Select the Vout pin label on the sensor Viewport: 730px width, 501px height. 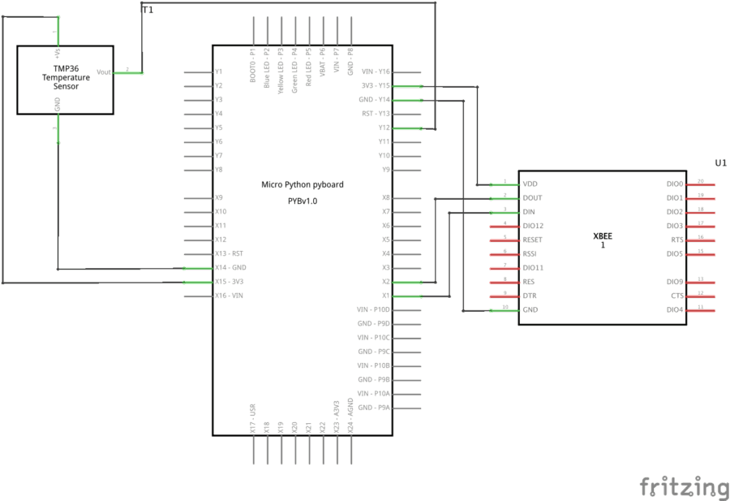[103, 72]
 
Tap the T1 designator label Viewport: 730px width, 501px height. [147, 10]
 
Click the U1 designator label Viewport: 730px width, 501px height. [720, 163]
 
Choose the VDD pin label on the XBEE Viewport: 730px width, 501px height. [530, 184]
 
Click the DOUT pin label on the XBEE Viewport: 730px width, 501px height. [533, 198]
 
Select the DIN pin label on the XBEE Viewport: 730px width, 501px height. [529, 212]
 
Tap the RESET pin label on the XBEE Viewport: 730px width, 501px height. [533, 240]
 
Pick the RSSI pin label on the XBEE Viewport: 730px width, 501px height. [531, 254]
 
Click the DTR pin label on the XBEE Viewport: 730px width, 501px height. [530, 296]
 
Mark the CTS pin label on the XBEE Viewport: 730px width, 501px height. [675, 296]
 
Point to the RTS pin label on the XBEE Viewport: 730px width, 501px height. [675, 240]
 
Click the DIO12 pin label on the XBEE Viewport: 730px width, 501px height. [534, 226]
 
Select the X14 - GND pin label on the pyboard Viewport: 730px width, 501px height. [230, 268]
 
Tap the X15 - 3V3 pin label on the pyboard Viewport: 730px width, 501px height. [230, 282]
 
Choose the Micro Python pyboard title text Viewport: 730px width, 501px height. [302, 185]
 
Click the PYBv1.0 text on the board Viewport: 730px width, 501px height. [302, 201]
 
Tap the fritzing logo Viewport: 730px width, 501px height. [684, 486]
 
